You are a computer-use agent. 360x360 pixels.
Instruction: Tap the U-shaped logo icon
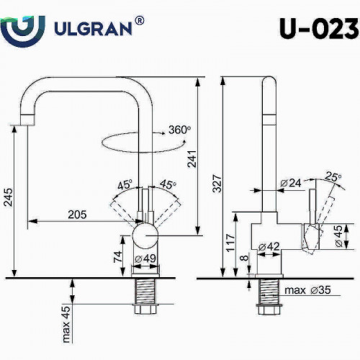pos(24,29)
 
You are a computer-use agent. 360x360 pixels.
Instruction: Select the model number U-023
pos(317,29)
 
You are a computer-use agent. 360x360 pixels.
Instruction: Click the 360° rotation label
pos(179,130)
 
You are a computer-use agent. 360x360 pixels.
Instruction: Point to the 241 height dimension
pos(190,163)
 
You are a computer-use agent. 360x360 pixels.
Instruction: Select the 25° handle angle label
pos(332,175)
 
